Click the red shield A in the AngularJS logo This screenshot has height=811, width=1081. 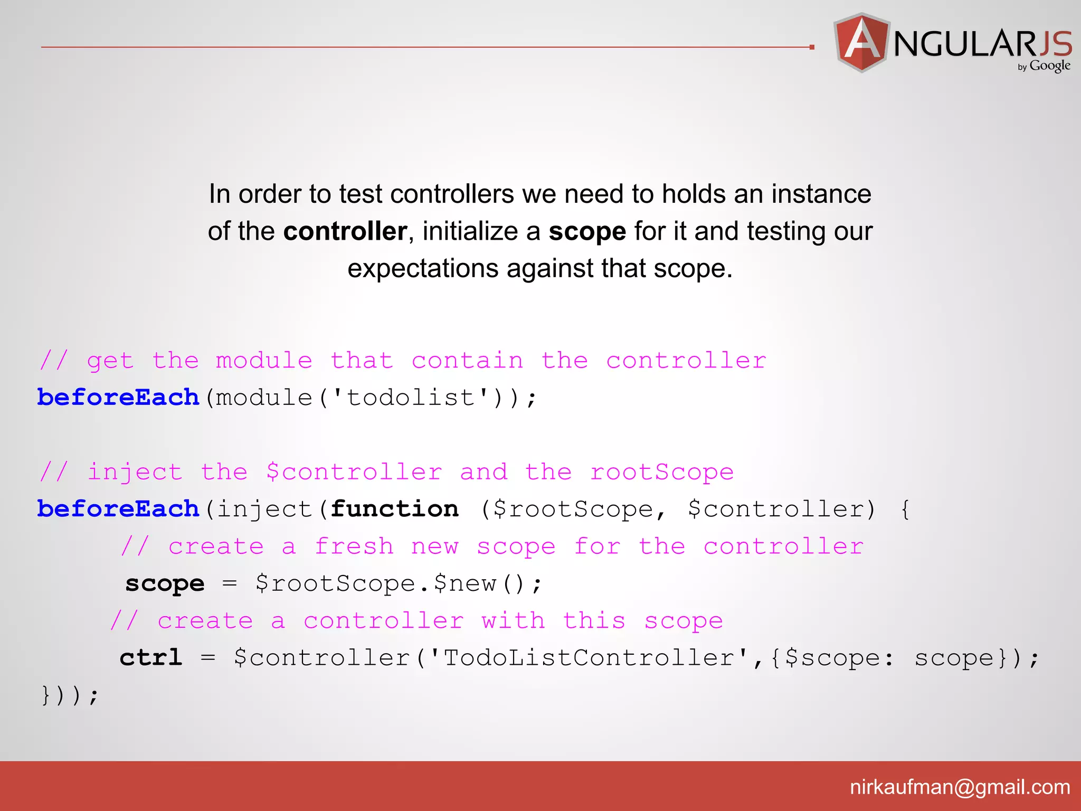[861, 42]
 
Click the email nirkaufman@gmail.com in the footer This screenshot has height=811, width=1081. [960, 787]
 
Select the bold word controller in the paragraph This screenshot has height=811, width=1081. [345, 231]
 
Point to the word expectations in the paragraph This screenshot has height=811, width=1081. [423, 269]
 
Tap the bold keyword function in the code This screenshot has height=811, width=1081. [394, 509]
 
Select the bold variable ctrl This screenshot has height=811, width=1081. [151, 658]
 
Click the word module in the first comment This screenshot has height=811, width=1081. [264, 361]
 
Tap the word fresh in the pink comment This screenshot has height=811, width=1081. [354, 546]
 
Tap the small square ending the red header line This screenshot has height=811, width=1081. [812, 48]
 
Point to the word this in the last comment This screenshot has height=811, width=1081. [594, 621]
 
